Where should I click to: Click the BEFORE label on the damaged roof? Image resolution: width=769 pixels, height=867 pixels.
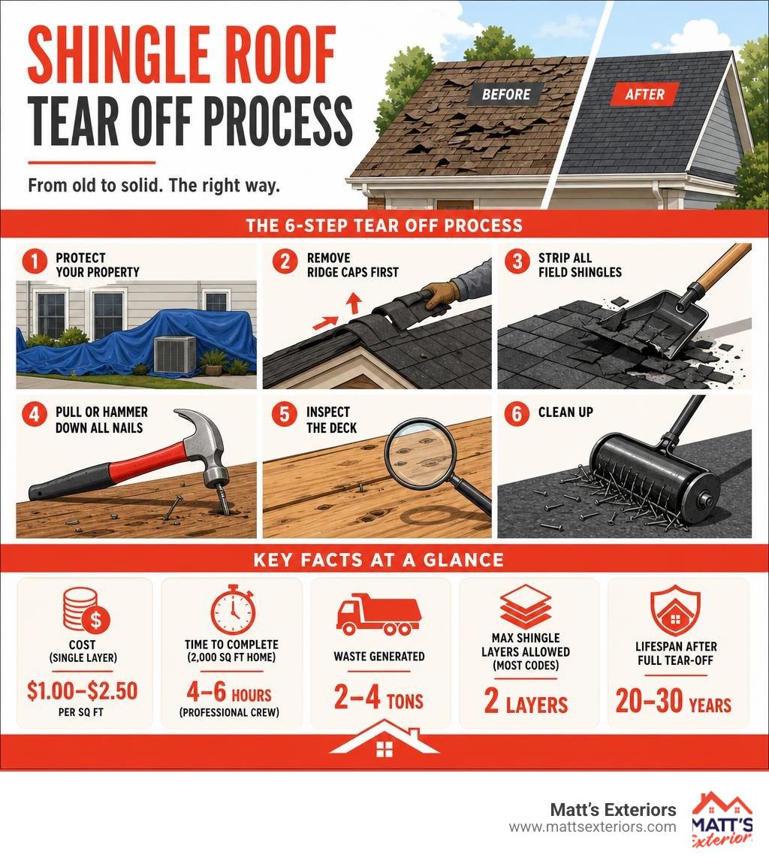pyautogui.click(x=505, y=94)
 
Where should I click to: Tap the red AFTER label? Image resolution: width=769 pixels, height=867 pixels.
pyautogui.click(x=644, y=94)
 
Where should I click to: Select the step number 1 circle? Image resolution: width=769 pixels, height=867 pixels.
pyautogui.click(x=35, y=261)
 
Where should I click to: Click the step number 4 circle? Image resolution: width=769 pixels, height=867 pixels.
pyautogui.click(x=35, y=414)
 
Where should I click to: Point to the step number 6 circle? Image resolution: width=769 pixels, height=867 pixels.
pyautogui.click(x=517, y=414)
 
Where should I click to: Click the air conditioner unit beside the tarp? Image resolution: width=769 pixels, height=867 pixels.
pyautogui.click(x=175, y=354)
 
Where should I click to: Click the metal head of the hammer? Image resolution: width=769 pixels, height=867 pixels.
pyautogui.click(x=203, y=443)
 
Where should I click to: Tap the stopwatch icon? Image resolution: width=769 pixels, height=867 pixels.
pyautogui.click(x=233, y=609)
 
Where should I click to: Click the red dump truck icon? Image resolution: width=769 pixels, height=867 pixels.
pyautogui.click(x=378, y=614)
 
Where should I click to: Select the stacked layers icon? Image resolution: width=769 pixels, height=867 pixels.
pyautogui.click(x=526, y=607)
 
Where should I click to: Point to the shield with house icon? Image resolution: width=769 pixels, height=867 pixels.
pyautogui.click(x=675, y=612)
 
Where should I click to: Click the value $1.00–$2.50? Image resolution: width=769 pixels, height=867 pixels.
pyautogui.click(x=83, y=690)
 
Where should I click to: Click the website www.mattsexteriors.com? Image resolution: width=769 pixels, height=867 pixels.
pyautogui.click(x=593, y=826)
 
